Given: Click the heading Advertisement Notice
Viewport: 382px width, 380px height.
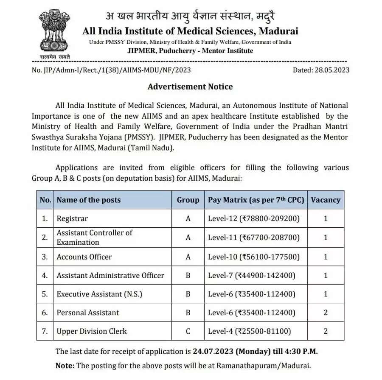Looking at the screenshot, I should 190,87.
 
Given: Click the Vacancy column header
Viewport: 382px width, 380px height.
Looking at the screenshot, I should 326,200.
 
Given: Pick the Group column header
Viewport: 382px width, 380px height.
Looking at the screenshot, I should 188,200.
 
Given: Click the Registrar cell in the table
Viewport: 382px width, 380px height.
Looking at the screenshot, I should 72,219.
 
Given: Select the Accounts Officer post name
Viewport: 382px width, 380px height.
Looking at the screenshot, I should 84,257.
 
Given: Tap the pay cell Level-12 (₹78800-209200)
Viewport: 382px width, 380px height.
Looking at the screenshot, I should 254,219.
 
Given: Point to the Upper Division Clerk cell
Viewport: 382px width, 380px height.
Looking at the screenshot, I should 92,331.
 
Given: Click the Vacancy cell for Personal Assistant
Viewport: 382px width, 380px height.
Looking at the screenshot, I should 326,313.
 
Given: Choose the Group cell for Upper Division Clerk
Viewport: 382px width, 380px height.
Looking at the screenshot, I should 188,331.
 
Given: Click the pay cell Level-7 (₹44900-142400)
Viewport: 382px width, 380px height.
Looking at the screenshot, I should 251,275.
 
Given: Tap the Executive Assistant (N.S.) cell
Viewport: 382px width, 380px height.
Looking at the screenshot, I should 99,294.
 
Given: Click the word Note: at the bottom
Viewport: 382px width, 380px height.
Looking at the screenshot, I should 65,366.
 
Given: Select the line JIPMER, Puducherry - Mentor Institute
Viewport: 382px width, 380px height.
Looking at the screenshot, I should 190,51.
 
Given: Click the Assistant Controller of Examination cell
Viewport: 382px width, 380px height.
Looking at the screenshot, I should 94,237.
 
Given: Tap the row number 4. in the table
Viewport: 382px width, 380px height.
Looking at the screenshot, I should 45,275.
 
